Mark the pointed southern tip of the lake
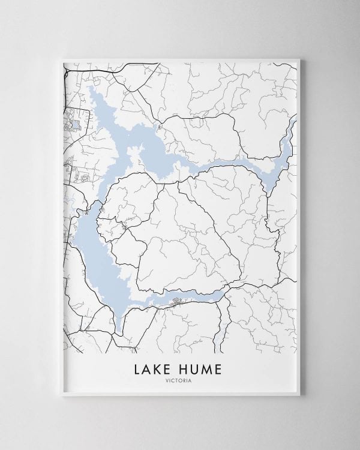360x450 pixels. (121, 333)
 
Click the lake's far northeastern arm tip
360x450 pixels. (295, 120)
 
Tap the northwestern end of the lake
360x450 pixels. (90, 89)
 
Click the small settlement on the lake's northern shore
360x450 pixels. (158, 127)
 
